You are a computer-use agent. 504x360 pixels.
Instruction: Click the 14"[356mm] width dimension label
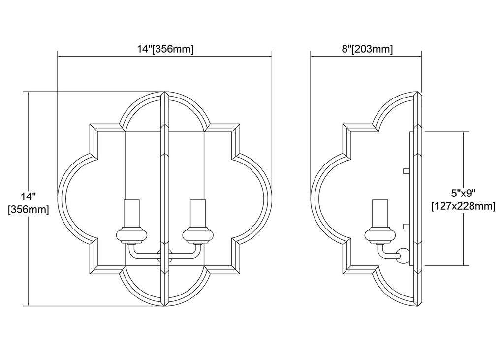point(165,49)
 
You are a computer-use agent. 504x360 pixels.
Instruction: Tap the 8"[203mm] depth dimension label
point(367,49)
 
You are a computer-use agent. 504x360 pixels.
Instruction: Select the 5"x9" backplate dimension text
point(463,194)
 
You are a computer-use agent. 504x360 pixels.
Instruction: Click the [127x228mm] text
point(463,206)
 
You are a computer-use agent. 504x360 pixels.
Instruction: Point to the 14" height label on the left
point(28,196)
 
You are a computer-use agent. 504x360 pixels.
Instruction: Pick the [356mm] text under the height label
point(28,209)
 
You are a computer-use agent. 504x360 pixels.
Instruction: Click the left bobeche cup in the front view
point(132,235)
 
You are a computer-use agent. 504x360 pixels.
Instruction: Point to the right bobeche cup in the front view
point(198,235)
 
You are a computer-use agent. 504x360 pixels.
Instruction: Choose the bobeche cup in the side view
point(380,235)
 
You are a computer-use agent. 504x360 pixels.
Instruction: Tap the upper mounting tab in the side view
point(406,171)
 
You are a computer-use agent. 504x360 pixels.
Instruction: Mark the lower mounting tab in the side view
point(406,227)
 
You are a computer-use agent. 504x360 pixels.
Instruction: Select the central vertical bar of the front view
point(164,198)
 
